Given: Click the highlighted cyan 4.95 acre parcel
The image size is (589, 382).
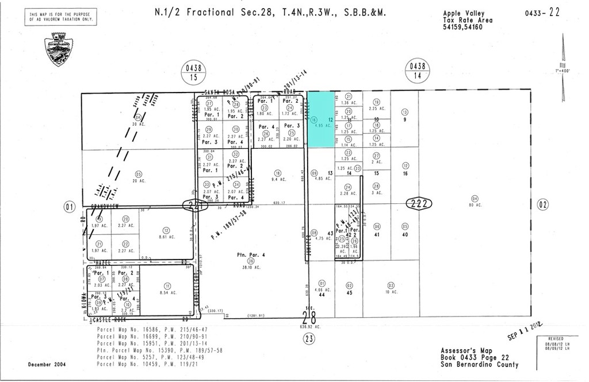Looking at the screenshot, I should (x=322, y=119).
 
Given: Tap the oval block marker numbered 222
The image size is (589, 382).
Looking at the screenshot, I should (x=419, y=203).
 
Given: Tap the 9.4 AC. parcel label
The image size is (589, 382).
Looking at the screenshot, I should (x=278, y=179).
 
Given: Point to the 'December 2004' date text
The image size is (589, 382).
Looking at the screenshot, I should (x=47, y=365).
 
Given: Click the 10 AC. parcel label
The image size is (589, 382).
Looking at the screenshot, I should (x=391, y=291).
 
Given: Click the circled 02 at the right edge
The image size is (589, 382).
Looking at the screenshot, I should (x=542, y=204).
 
